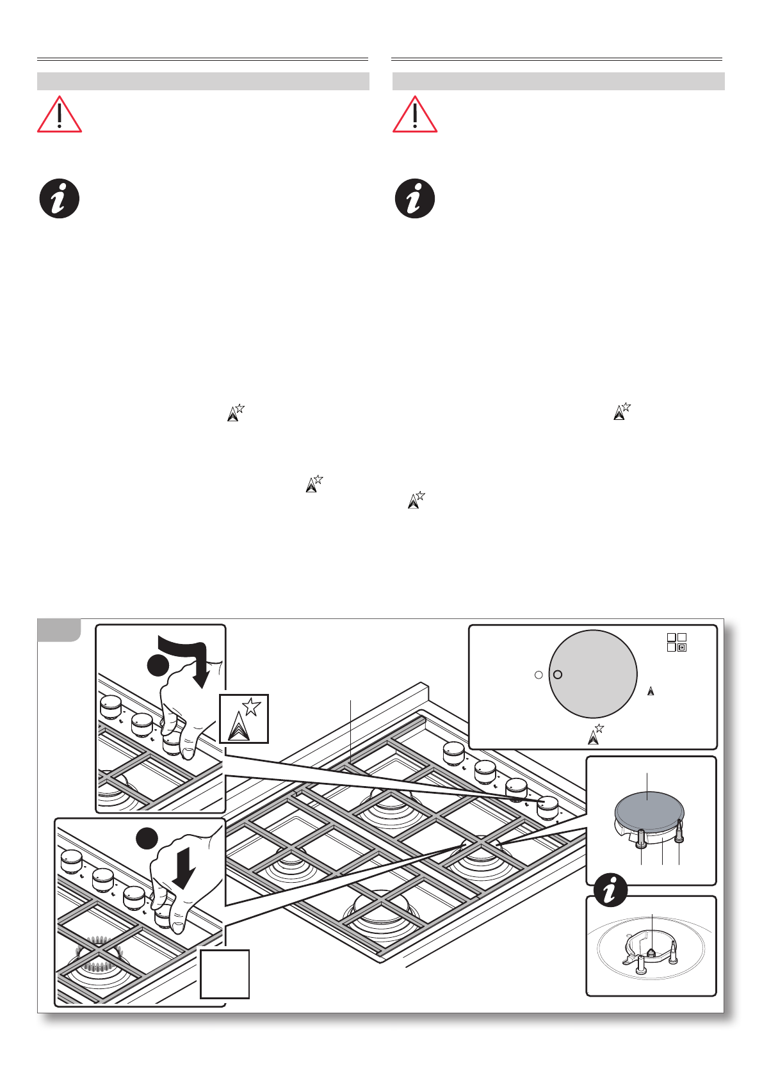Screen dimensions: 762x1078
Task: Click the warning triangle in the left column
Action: [x=59, y=115]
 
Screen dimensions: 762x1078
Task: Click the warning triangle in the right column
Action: [x=415, y=115]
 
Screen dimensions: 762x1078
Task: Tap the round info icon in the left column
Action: [x=60, y=198]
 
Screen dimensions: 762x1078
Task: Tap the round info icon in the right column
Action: [x=415, y=198]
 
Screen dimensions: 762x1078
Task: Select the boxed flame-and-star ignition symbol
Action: [x=243, y=718]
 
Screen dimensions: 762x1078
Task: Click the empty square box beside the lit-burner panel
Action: [x=224, y=974]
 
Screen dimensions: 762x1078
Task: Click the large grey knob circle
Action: [x=593, y=674]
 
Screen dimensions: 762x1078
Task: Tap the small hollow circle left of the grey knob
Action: [x=539, y=675]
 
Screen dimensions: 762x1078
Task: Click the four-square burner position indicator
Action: [x=676, y=642]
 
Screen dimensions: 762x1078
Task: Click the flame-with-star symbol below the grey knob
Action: [x=596, y=734]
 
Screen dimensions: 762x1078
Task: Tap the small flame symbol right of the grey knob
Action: [x=651, y=691]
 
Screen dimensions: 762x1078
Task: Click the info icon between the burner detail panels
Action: [x=610, y=890]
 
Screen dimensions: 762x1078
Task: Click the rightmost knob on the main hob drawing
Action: [x=547, y=807]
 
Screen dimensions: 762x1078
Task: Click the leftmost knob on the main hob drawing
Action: [x=453, y=752]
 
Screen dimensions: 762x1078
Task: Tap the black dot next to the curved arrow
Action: [x=158, y=665]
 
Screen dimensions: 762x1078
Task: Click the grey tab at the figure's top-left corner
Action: [x=59, y=629]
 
